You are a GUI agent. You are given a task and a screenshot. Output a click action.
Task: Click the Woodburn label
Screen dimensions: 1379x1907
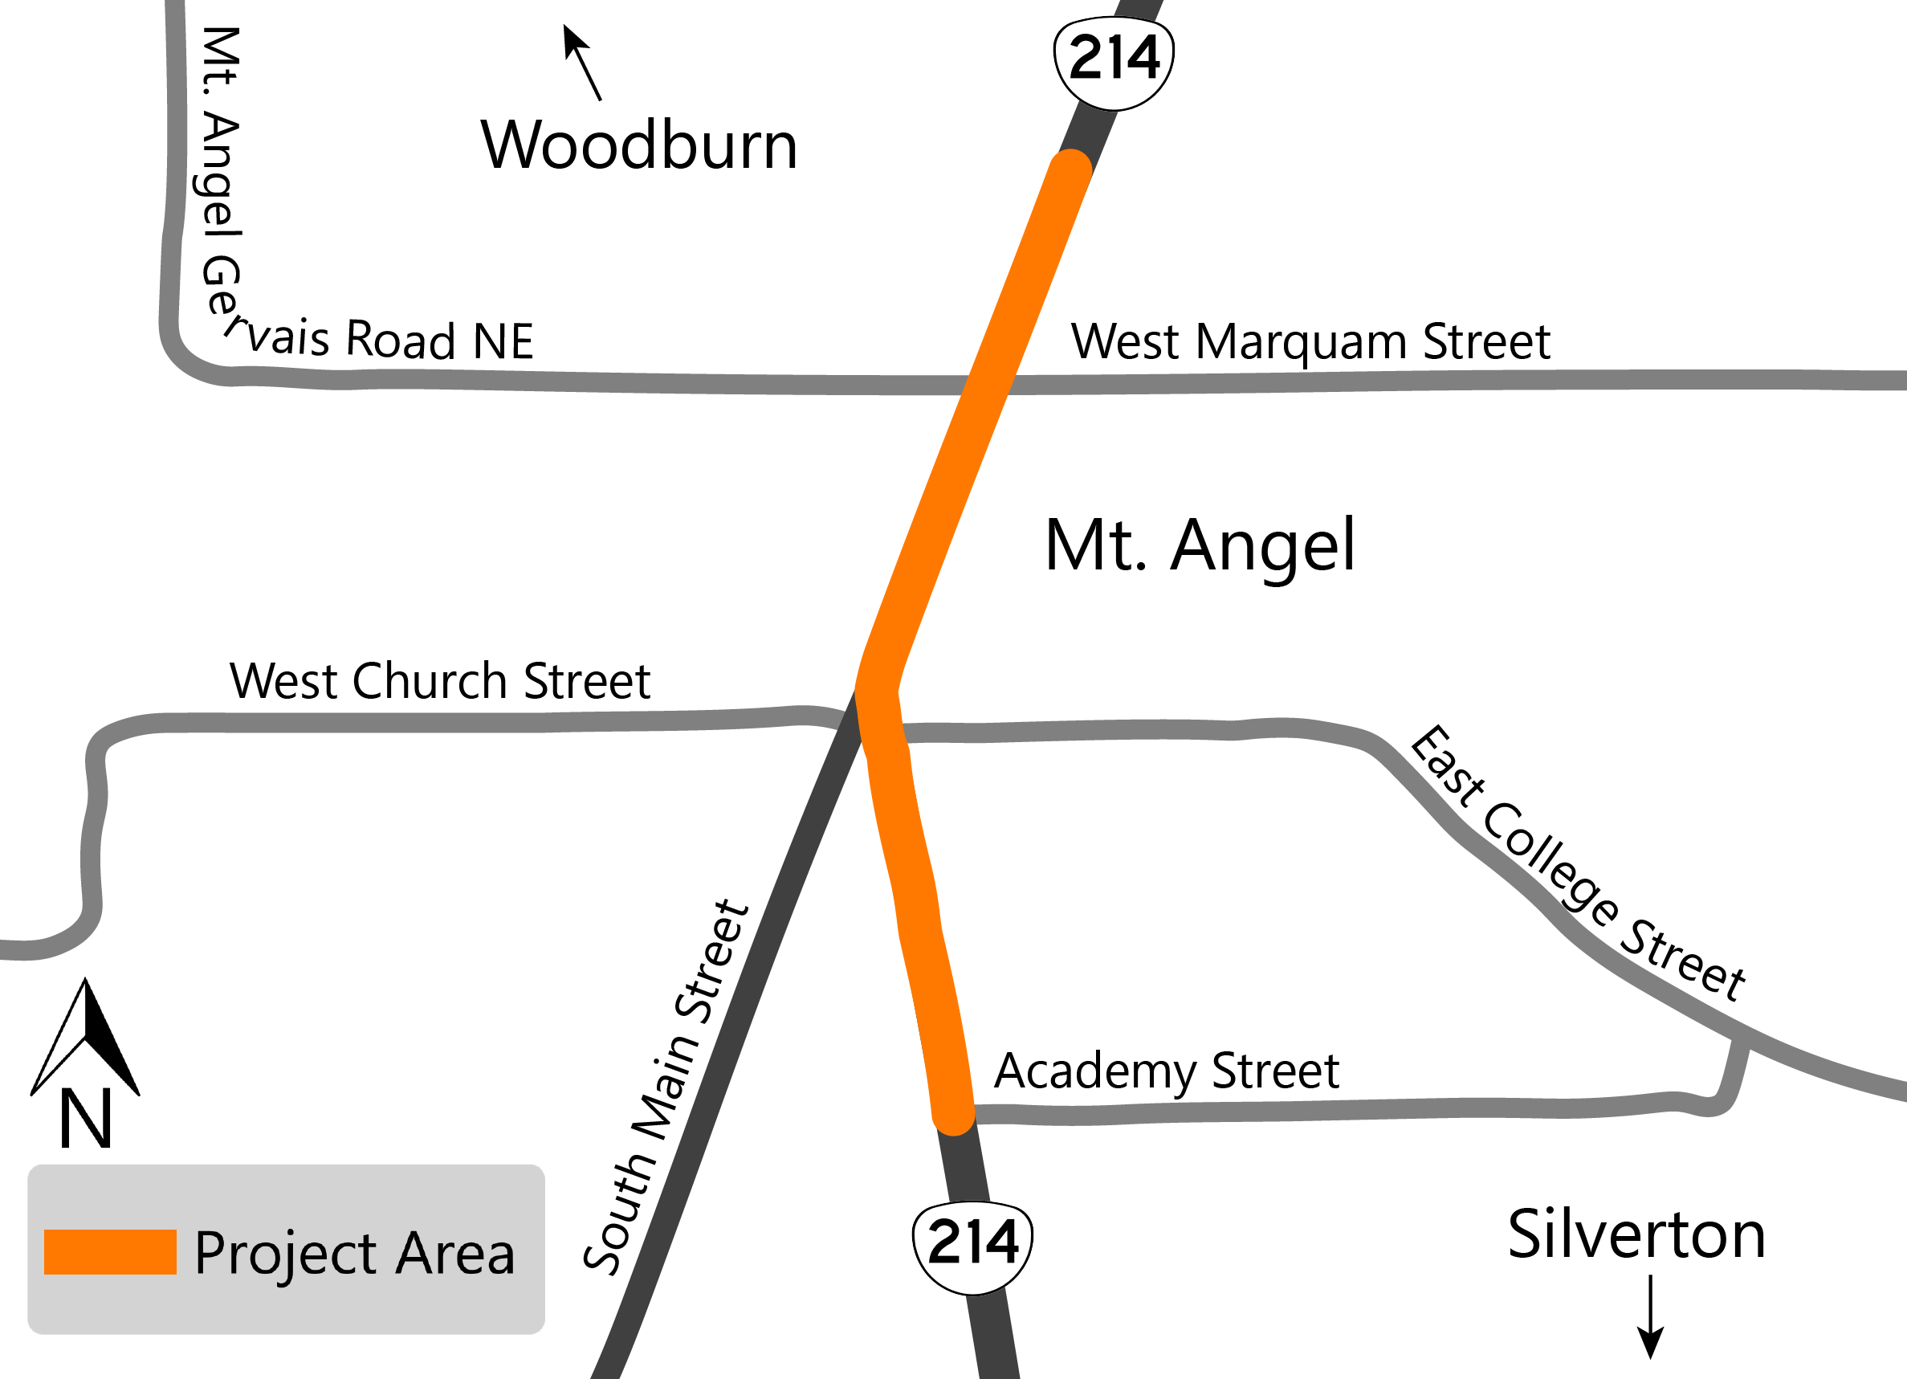point(638,145)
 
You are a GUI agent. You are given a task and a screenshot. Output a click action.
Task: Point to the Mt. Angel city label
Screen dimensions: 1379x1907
point(1200,547)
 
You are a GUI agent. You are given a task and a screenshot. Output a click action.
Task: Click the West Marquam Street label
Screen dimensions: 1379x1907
point(1310,341)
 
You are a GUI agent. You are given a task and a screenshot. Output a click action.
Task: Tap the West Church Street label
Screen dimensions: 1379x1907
point(440,681)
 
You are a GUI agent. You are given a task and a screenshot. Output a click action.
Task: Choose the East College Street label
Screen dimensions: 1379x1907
point(1575,864)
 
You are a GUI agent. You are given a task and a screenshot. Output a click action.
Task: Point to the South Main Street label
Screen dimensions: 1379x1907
point(665,1088)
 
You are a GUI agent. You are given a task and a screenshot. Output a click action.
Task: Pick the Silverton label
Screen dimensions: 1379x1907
point(1636,1235)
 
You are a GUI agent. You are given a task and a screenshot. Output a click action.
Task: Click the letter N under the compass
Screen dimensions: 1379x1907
point(86,1119)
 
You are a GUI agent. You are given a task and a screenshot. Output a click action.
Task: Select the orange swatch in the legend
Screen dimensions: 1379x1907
point(110,1252)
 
